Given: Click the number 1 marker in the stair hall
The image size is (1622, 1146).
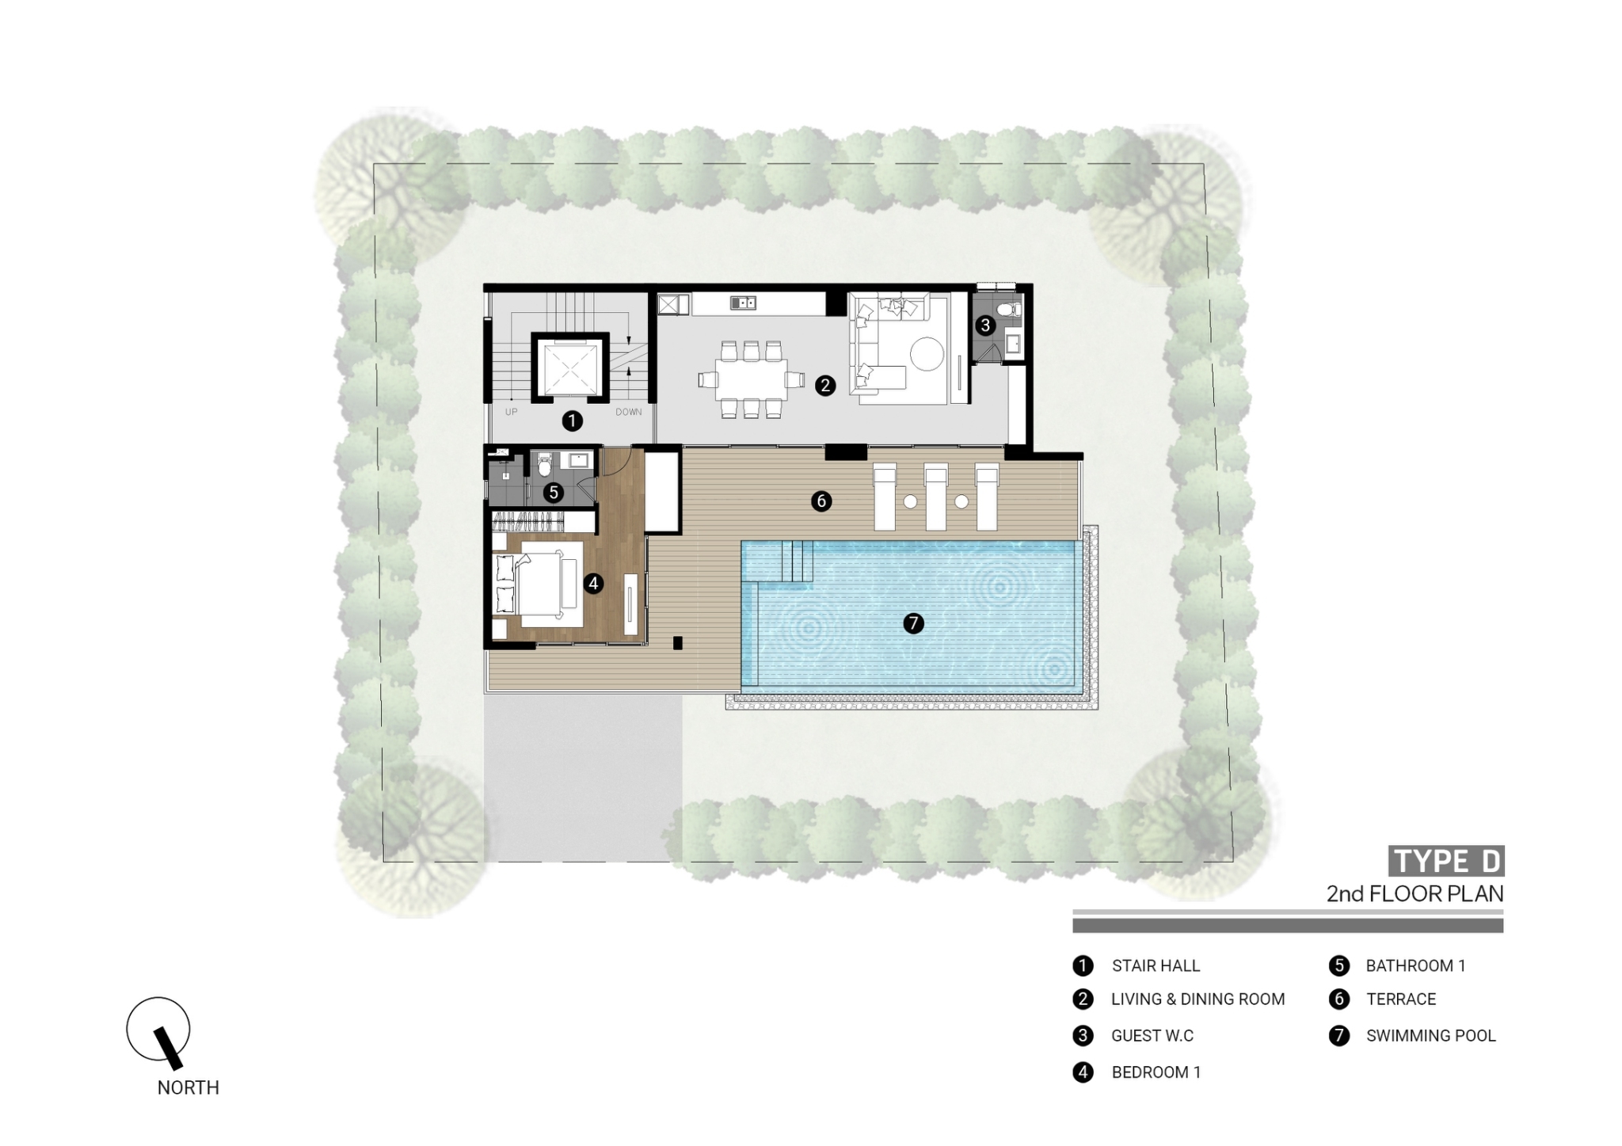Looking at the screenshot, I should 572,421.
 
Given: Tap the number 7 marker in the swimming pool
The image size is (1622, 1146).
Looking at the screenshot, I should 913,623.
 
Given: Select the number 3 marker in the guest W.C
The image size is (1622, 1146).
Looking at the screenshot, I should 985,325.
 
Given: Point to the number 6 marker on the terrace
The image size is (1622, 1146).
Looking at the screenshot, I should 821,501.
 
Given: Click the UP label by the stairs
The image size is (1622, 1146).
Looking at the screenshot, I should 512,412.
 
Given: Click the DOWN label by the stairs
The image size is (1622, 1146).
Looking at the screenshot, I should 629,412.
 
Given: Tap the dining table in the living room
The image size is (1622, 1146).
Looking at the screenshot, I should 751,380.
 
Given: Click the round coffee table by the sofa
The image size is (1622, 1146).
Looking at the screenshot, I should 927,354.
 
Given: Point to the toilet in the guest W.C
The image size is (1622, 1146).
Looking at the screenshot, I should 1007,309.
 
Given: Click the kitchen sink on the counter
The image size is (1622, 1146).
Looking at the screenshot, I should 743,303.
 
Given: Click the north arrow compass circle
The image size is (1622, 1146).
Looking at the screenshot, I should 158,1029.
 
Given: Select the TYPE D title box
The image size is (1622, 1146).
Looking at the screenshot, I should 1446,861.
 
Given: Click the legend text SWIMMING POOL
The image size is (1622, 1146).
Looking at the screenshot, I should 1430,1036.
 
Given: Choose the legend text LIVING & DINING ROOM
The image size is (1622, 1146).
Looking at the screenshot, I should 1197,999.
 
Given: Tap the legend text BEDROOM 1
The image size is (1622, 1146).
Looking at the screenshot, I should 1156,1072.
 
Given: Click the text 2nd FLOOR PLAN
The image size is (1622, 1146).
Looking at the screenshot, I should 1414,894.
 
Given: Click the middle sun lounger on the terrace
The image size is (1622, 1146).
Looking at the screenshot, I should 936,497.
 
